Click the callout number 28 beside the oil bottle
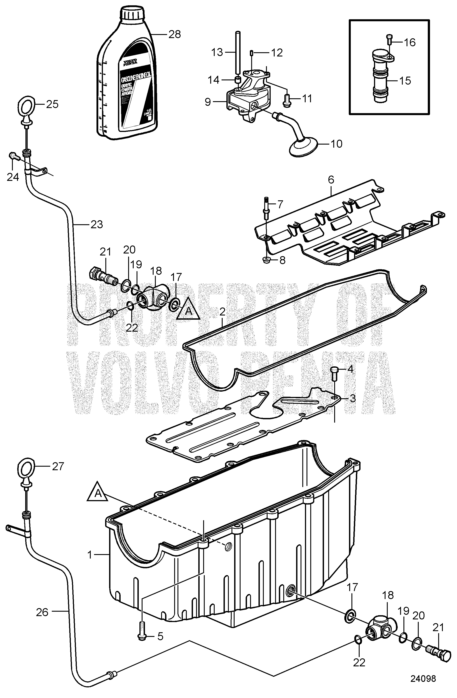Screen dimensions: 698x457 [x=174, y=34]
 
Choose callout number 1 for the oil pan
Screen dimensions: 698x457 [x=91, y=554]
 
